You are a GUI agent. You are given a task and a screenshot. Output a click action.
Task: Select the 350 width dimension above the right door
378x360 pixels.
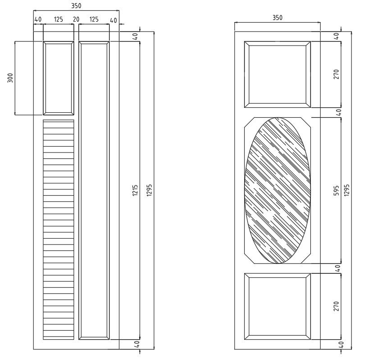point(278,18)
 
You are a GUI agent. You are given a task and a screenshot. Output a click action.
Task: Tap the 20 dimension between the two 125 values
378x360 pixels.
point(76,20)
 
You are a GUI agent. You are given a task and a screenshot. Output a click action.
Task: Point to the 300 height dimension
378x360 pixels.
point(10,78)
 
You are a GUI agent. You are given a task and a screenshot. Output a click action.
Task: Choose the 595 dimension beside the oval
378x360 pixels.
point(336,190)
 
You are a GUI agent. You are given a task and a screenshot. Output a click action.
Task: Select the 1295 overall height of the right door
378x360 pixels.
point(346,190)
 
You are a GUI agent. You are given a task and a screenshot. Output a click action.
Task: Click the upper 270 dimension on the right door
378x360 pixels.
point(336,74)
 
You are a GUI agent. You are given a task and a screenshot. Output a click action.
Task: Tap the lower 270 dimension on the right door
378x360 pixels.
point(336,306)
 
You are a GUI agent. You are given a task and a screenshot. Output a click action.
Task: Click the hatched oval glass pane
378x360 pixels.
point(278,190)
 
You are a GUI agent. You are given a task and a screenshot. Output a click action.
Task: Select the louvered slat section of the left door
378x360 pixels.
point(59,229)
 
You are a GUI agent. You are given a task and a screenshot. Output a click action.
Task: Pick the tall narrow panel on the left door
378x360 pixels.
point(94,190)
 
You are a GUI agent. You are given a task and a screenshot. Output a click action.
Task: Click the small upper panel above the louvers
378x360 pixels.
point(59,78)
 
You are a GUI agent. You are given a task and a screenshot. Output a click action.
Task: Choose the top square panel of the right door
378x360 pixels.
point(278,74)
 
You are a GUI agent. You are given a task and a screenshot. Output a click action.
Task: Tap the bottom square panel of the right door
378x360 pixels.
point(278,306)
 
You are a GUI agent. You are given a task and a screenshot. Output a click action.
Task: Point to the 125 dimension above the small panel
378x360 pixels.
point(58,20)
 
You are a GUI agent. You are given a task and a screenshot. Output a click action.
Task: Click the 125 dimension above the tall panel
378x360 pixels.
point(94,20)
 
